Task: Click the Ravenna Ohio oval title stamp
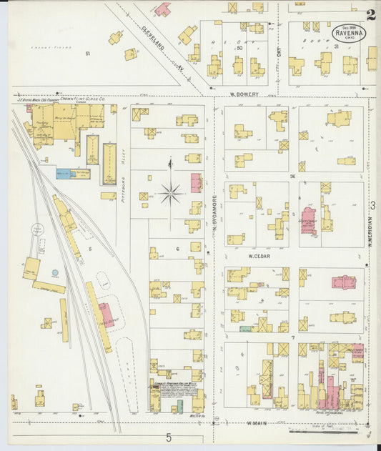(x=347, y=33)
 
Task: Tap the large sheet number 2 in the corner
(x=370, y=15)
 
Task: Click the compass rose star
(x=170, y=191)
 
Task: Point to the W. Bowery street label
(x=243, y=94)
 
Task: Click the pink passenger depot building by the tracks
(x=106, y=314)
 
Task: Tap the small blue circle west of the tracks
(x=55, y=272)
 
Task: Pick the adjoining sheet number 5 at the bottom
(x=169, y=437)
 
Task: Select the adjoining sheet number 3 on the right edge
(x=372, y=206)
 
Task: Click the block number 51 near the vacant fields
(x=88, y=54)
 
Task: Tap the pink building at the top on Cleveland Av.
(x=164, y=9)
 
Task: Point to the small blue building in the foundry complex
(x=64, y=173)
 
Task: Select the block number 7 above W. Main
(x=292, y=337)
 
